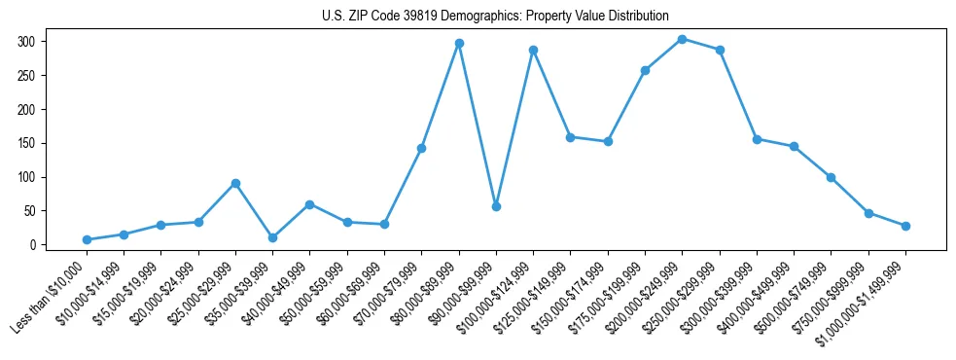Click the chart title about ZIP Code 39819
495,16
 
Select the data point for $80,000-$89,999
459,44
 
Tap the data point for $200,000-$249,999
683,39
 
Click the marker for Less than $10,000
88,239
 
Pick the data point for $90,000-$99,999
496,206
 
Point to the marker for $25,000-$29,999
235,183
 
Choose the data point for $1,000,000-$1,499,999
905,226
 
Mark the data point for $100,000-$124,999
533,50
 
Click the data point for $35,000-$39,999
273,237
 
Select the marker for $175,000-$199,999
645,70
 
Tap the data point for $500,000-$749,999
832,177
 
